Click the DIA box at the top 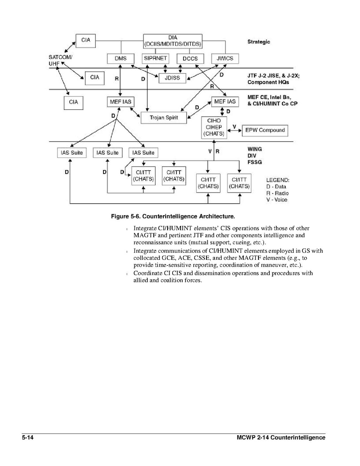(173, 41)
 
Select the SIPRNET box (155, 58)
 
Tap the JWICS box (225, 59)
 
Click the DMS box (120, 58)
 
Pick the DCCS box (190, 59)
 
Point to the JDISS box (172, 78)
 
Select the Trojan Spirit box (164, 117)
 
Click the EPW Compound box (265, 130)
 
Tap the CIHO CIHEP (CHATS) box (214, 127)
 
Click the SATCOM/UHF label (60, 60)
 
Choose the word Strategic (259, 42)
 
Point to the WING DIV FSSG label (255, 155)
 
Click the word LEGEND (278, 180)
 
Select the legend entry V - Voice (277, 200)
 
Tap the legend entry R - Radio (277, 193)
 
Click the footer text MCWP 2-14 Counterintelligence (281, 438)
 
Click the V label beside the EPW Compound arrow (234, 126)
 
